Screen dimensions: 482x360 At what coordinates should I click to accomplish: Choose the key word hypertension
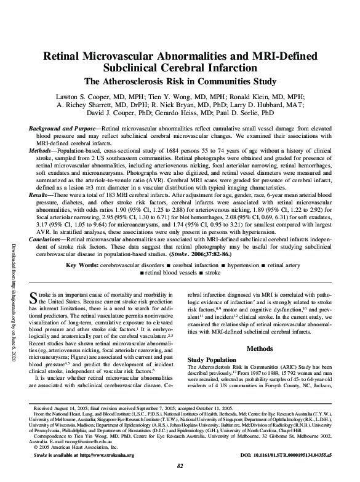(250, 282)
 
